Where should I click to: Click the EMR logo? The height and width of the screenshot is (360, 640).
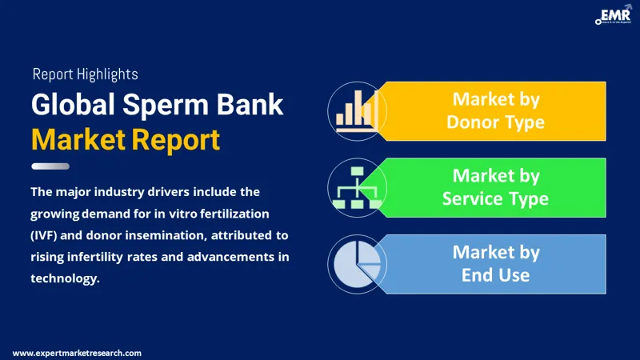coord(614,15)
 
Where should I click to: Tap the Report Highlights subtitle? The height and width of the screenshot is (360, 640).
coord(86,74)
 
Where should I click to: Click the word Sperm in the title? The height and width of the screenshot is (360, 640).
coord(166,106)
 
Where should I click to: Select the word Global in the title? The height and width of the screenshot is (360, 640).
coord(73,104)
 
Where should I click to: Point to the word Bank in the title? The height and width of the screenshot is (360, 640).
coord(250,104)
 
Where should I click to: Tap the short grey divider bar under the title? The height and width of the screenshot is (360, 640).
coord(50,166)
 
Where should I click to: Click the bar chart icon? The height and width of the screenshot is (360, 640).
coord(356,111)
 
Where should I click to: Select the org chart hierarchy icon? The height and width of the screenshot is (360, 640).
coord(357,188)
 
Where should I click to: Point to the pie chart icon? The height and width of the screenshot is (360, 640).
coord(357,264)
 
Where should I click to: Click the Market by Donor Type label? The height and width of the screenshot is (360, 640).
coord(495,110)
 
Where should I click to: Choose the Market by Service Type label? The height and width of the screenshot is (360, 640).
coord(495,187)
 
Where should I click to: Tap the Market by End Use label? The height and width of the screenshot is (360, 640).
coord(495,264)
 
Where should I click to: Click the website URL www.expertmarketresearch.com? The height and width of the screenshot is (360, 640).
coord(77,353)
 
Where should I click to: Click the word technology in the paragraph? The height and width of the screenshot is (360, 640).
coord(66,278)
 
